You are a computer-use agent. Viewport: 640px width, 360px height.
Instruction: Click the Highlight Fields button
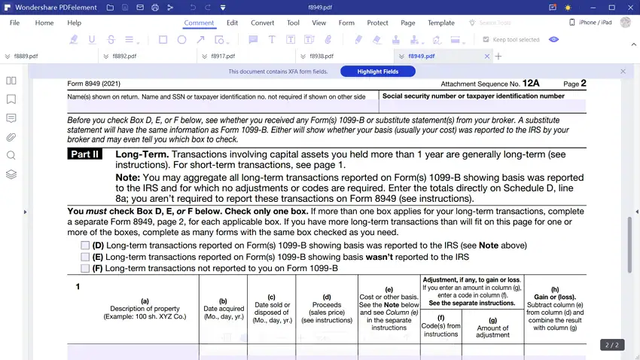click(377, 72)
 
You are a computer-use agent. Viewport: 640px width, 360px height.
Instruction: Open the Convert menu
click(263, 23)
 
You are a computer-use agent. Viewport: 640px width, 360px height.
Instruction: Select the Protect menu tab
click(377, 23)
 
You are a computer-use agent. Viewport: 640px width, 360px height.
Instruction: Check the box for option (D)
click(86, 246)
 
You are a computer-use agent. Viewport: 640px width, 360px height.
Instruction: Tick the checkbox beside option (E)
click(86, 257)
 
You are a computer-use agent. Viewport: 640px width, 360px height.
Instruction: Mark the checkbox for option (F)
click(86, 268)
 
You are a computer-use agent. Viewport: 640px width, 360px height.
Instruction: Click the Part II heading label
click(84, 154)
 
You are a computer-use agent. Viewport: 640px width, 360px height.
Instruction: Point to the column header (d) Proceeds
click(327, 308)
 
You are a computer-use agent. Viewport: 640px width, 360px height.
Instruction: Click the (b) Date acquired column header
click(223, 309)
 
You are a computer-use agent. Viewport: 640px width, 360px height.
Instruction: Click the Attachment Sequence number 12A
click(531, 84)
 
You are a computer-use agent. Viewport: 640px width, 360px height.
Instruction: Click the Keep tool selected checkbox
click(486, 39)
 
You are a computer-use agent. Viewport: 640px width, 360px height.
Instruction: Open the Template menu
click(441, 23)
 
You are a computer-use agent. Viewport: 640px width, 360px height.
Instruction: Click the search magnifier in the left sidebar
click(11, 155)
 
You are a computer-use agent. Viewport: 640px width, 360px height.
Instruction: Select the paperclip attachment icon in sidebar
click(11, 137)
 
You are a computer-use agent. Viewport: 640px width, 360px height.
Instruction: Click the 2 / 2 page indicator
click(612, 345)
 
